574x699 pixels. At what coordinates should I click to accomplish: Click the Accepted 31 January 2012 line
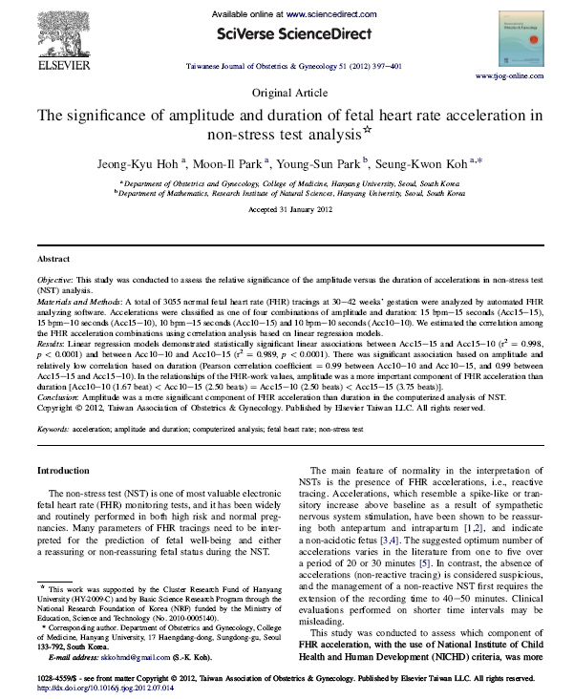286,208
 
